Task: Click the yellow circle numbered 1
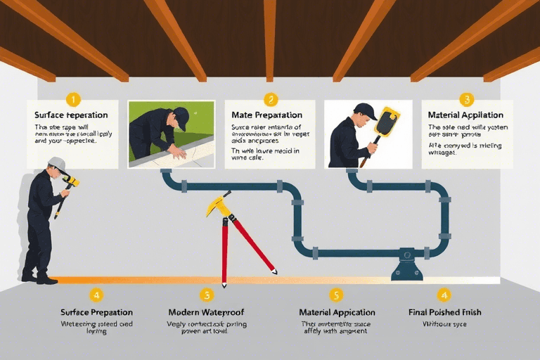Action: tap(74, 100)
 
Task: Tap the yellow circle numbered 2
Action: tap(271, 100)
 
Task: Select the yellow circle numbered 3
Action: tap(466, 100)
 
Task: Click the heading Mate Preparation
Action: tap(266, 115)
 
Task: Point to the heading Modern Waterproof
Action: tap(206, 311)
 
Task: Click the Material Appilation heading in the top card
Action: tap(465, 115)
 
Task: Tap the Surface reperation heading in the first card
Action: tap(72, 115)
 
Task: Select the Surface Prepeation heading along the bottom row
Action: tap(97, 311)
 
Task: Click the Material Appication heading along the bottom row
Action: tap(337, 311)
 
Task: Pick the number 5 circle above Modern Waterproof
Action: tap(206, 295)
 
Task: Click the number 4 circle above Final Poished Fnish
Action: tap(444, 295)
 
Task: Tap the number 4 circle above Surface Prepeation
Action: tap(97, 295)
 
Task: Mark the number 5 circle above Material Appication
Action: tap(337, 295)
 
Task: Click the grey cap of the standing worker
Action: tap(58, 165)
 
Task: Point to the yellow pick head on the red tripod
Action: tap(217, 205)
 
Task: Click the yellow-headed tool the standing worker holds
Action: tap(71, 183)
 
